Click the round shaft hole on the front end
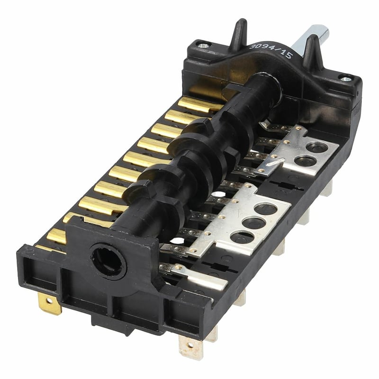[x=109, y=261]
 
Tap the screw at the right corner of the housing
[x=346, y=79]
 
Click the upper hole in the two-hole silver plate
[x=316, y=147]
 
